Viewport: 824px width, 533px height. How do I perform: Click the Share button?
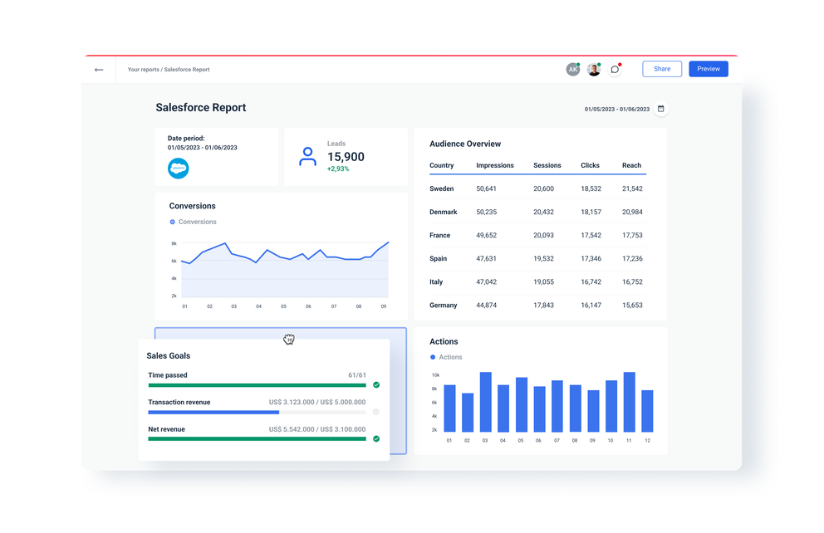661,69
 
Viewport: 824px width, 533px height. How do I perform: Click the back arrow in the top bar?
99,70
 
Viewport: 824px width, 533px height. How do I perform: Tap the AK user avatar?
572,70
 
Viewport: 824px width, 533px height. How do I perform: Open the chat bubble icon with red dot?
615,70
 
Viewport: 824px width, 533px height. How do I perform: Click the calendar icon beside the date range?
661,109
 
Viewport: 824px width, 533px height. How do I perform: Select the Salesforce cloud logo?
179,169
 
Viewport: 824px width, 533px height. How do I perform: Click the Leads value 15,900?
346,157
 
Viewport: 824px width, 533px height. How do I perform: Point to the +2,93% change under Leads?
338,169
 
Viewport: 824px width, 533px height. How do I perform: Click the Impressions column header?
495,165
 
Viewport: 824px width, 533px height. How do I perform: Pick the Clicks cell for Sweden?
591,189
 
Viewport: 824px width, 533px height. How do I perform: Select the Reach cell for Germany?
632,306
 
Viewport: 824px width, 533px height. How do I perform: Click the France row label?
439,236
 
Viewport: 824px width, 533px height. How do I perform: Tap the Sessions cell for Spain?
543,259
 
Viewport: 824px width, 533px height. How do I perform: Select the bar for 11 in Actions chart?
629,402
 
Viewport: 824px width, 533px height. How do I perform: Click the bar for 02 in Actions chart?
468,413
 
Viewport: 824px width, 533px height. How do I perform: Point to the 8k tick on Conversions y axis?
174,244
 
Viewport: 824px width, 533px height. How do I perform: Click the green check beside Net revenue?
376,438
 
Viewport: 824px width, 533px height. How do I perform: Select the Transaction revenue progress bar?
257,412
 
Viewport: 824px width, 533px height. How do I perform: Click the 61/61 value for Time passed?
356,375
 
